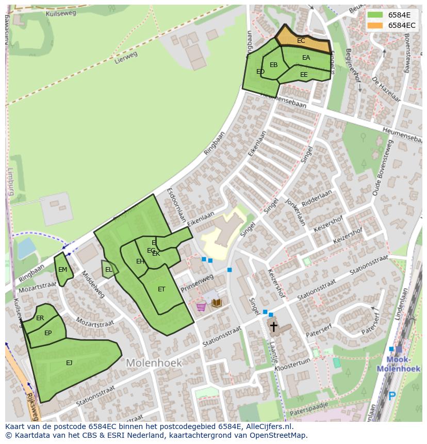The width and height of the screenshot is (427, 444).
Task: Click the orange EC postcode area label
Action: point(301,41)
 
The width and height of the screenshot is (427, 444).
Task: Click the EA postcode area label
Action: point(306,58)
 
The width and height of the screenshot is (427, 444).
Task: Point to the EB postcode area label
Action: point(274,65)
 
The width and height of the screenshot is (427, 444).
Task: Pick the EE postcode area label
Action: point(304,75)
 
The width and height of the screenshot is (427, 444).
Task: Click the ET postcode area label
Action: point(161,289)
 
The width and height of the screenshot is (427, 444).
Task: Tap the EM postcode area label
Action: point(62,270)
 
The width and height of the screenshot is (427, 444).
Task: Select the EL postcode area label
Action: point(109,270)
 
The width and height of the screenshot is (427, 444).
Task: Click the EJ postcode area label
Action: point(69,363)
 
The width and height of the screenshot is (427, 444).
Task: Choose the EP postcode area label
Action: point(48,333)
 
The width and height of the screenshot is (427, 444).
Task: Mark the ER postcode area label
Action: point(40,318)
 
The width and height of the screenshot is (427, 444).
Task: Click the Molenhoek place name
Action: point(154,363)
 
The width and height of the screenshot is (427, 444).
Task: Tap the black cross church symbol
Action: point(273,326)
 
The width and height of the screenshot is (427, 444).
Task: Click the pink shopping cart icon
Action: point(201,306)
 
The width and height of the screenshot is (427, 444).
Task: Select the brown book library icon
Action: point(217,303)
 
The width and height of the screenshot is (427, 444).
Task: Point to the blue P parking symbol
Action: point(391,396)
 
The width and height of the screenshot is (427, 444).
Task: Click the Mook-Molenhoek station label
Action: point(394,364)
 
